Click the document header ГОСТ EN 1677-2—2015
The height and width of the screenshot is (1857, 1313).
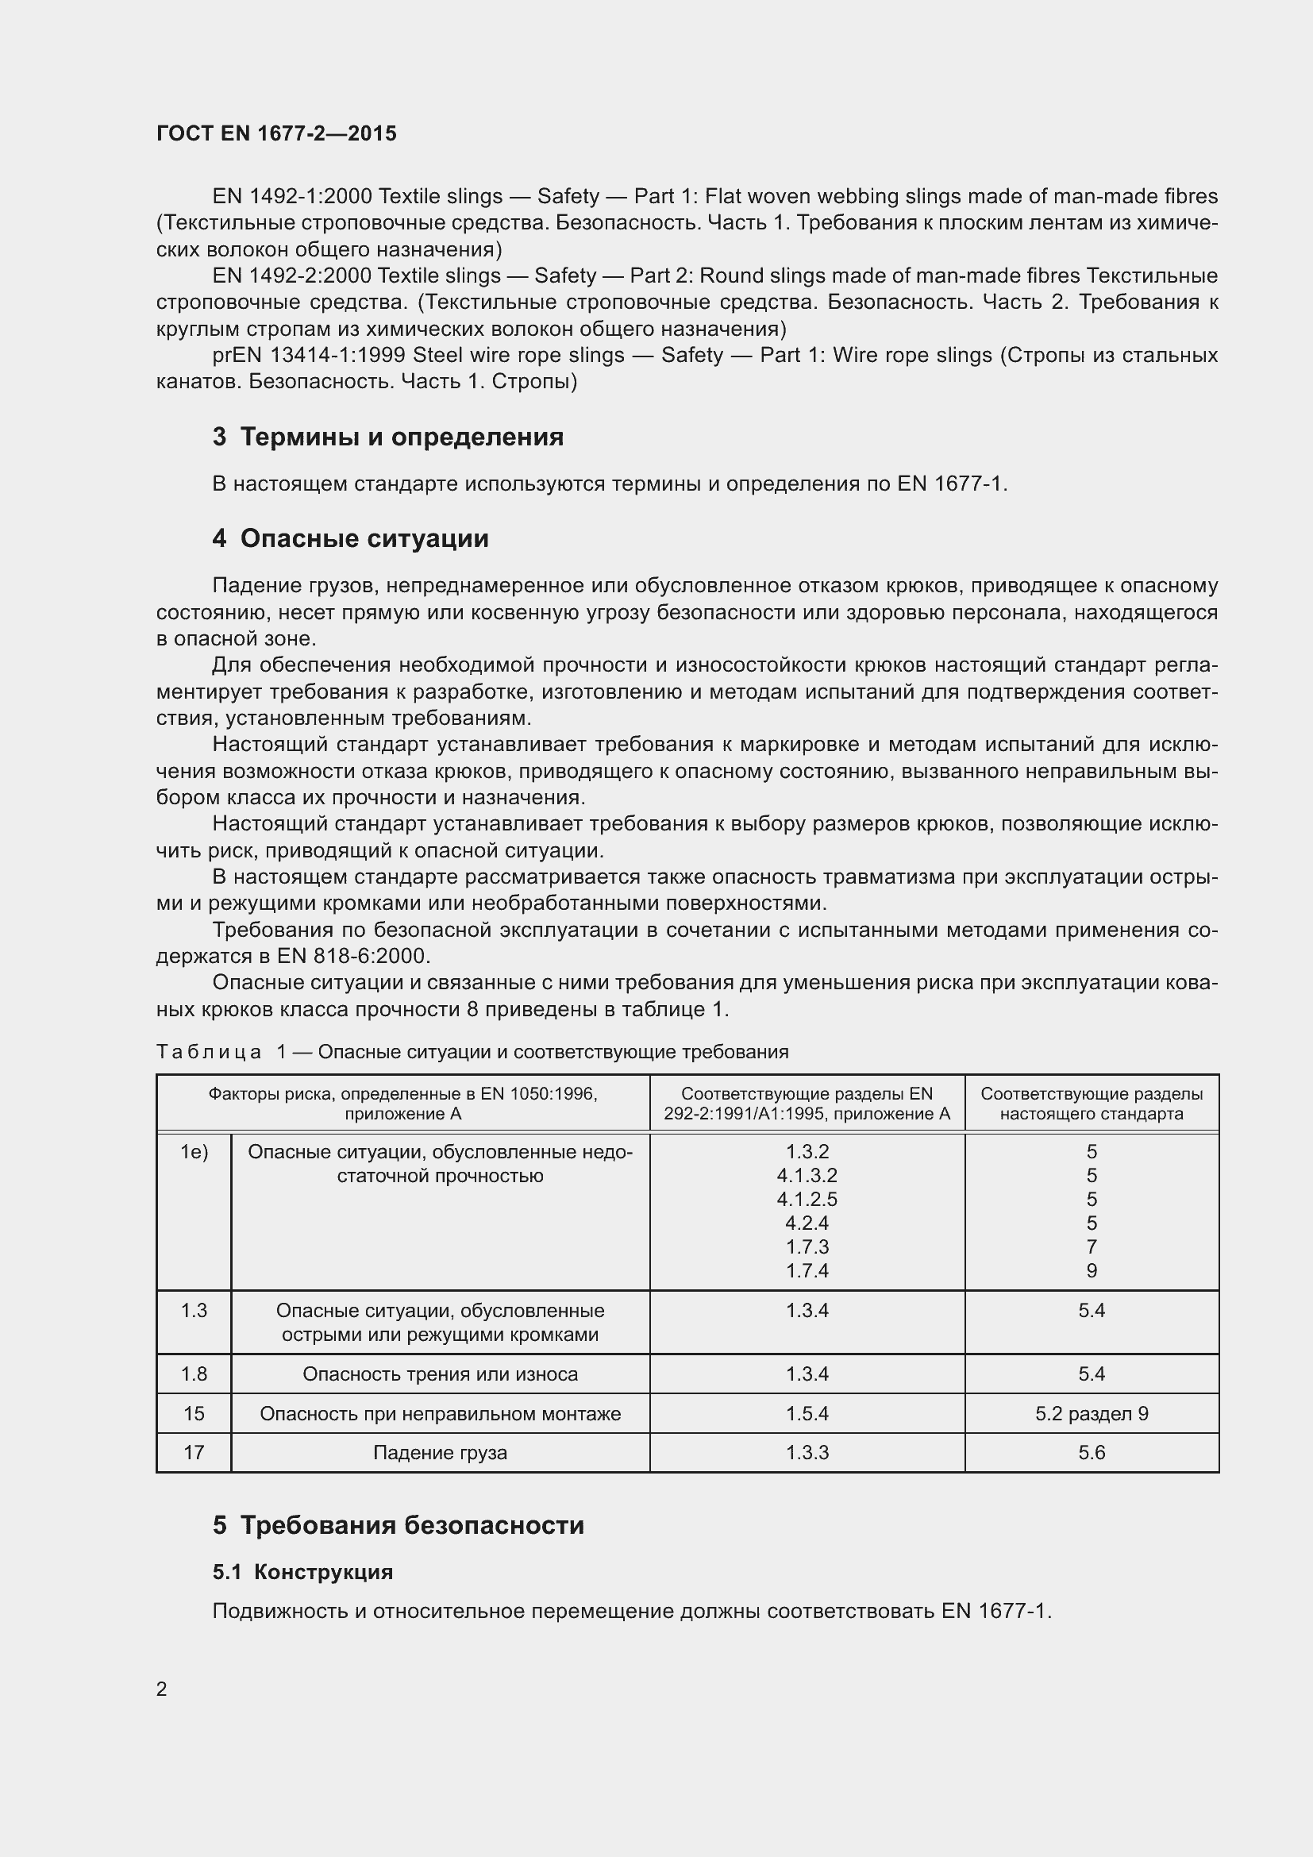[x=276, y=134]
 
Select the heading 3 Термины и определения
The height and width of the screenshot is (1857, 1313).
[x=388, y=437]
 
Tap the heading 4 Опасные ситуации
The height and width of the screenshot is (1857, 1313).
[x=350, y=538]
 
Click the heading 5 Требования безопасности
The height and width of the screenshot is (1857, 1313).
[x=399, y=1525]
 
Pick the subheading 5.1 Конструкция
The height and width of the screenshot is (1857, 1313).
[x=302, y=1572]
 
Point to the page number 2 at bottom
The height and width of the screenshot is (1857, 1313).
[x=162, y=1689]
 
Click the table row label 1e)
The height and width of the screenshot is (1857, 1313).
[x=194, y=1152]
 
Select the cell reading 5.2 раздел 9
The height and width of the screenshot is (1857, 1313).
[x=1092, y=1414]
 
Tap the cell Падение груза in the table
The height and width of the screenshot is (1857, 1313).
[x=440, y=1453]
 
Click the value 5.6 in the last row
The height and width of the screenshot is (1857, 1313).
[x=1092, y=1453]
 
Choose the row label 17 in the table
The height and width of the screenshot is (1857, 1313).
[x=194, y=1453]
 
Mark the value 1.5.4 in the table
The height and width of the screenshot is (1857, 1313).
[x=807, y=1414]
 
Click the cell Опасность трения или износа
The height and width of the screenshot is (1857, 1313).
[x=440, y=1374]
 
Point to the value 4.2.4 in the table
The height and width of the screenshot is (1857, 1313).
[x=807, y=1223]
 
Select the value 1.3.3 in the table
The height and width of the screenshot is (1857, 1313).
[x=807, y=1453]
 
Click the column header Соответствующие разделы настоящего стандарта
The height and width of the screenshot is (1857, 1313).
[x=1092, y=1104]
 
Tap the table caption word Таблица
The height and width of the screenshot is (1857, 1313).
[x=209, y=1052]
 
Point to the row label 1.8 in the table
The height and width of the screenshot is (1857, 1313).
[x=194, y=1374]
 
